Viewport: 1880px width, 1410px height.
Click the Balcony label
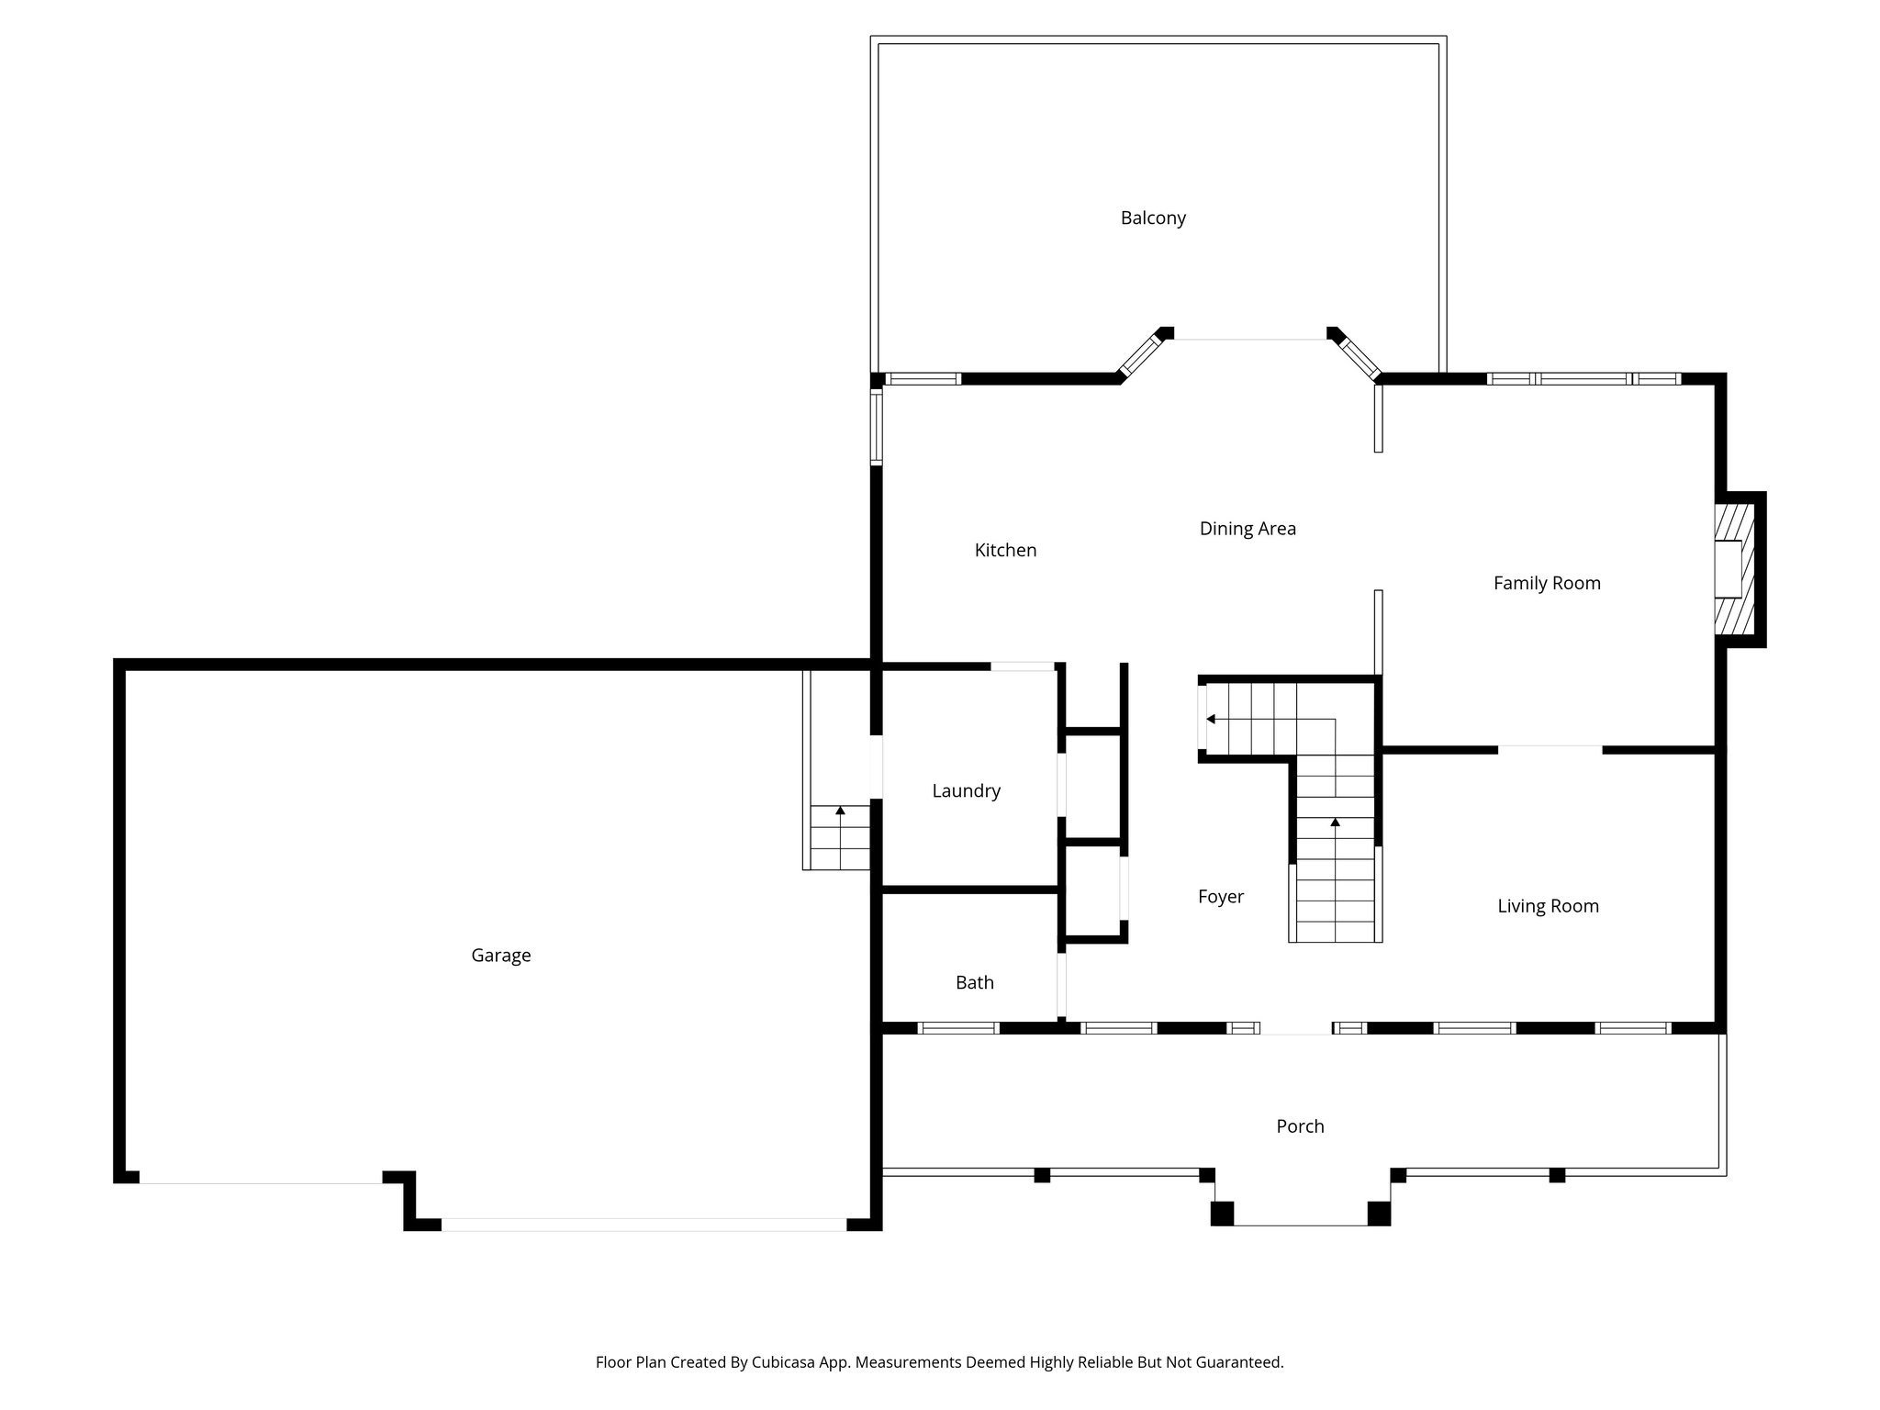(x=1153, y=218)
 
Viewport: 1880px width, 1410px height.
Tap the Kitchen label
(x=1005, y=551)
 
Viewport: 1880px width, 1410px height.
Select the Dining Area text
(x=1248, y=529)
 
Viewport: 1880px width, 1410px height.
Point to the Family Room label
(x=1547, y=583)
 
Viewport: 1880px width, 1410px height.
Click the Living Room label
(x=1548, y=907)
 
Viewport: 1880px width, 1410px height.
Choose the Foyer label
(x=1220, y=897)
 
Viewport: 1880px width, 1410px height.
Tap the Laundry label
(x=966, y=791)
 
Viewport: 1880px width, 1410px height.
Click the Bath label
(x=974, y=983)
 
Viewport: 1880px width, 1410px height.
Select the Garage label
(x=500, y=956)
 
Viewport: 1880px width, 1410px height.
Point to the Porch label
(x=1300, y=1126)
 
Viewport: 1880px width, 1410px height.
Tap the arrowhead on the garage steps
(x=840, y=811)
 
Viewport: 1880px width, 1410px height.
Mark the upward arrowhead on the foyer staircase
(x=1335, y=822)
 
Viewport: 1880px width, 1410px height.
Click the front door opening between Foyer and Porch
(x=1295, y=1029)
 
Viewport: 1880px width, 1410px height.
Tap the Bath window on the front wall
(x=957, y=1029)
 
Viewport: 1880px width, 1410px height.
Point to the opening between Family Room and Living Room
(x=1550, y=750)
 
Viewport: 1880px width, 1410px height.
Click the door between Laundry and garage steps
(x=877, y=767)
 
